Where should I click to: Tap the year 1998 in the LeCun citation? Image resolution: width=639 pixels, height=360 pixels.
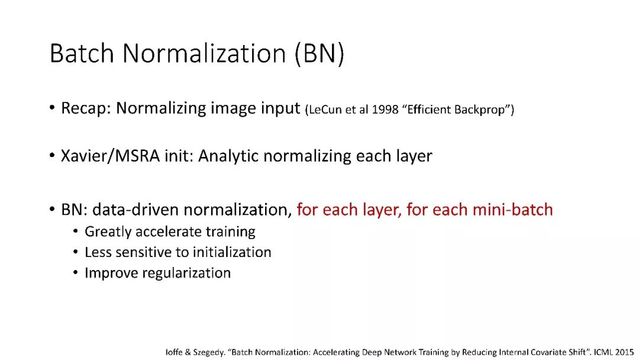[385, 110]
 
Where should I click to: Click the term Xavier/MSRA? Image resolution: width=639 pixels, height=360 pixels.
[111, 156]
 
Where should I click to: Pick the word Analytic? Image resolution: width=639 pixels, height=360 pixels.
[228, 156]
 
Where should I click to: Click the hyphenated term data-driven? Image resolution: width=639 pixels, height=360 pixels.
[135, 210]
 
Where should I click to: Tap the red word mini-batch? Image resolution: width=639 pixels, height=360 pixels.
[512, 210]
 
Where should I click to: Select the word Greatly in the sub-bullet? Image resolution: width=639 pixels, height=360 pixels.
[108, 232]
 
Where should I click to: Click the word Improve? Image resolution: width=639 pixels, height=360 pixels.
[111, 273]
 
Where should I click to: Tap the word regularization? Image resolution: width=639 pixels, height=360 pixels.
[186, 273]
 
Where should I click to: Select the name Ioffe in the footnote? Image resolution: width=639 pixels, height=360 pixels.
[174, 352]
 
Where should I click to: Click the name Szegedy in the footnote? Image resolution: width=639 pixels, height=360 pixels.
[208, 352]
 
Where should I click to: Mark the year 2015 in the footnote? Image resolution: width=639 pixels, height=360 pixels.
[624, 352]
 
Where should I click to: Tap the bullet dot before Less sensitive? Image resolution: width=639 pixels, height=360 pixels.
[75, 252]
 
